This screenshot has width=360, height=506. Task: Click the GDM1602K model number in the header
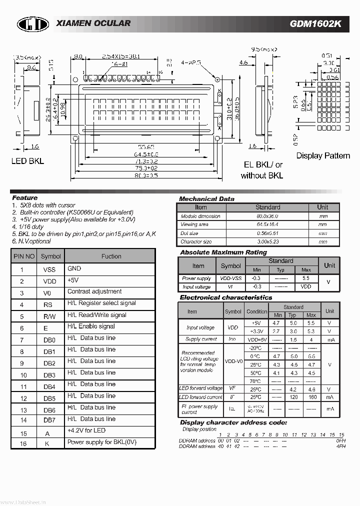point(315,24)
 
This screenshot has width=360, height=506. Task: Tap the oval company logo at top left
point(33,24)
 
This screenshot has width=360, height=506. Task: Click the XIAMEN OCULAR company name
point(93,23)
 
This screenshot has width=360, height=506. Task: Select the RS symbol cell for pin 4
point(48,304)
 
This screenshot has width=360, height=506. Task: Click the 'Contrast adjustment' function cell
point(94,291)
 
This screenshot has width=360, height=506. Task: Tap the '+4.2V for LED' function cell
point(86,430)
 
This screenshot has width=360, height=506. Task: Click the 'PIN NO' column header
point(24,256)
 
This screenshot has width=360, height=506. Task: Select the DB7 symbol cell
point(49,420)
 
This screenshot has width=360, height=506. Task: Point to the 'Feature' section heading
point(24,198)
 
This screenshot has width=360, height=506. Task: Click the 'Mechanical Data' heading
point(206,198)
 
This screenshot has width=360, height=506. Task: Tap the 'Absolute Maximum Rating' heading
point(223,252)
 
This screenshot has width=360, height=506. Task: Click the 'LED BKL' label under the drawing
point(27,161)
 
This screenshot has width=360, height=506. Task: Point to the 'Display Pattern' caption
point(322,155)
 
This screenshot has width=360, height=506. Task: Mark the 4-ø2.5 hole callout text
point(191,63)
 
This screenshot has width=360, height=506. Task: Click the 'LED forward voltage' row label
point(200,388)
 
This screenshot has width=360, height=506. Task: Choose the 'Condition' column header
point(257,311)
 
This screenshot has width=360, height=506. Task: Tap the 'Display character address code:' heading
point(233,422)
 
